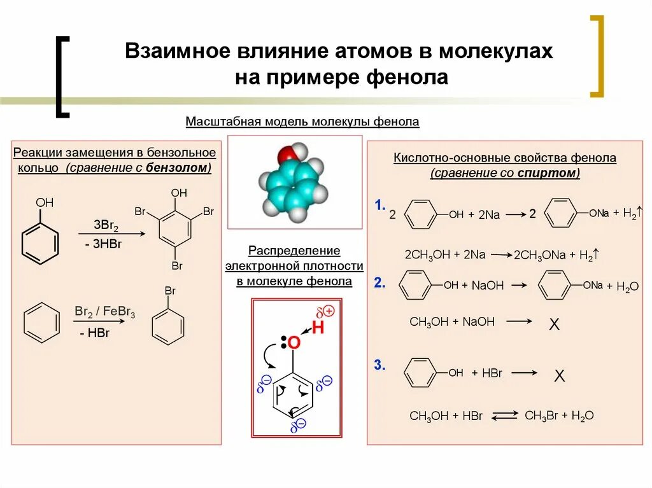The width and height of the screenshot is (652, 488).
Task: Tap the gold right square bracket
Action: (x=597, y=56)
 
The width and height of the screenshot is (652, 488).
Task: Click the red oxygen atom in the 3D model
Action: (x=286, y=155)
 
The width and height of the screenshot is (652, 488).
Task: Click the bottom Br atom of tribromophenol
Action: (x=178, y=265)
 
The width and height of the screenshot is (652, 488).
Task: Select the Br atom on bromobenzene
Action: (x=170, y=291)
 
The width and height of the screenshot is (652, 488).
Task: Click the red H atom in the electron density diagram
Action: (x=318, y=328)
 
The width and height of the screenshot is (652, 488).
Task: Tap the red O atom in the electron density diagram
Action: (x=294, y=343)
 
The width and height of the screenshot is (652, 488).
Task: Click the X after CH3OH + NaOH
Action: (x=554, y=325)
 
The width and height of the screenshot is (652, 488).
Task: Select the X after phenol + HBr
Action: (x=559, y=376)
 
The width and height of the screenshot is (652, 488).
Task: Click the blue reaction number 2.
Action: (x=379, y=283)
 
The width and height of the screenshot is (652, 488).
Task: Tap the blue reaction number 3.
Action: (x=380, y=366)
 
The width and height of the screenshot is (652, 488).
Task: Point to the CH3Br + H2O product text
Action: (x=558, y=415)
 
